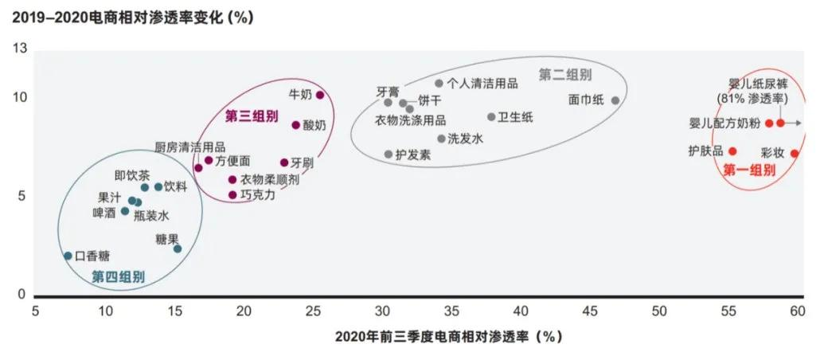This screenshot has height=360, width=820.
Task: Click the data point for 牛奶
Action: click(320, 96)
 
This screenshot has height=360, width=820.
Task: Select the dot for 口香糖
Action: click(68, 256)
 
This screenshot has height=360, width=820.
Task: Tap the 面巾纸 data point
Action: click(615, 100)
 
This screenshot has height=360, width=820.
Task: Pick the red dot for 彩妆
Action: click(795, 153)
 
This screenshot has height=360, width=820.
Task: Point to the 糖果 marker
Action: click(178, 248)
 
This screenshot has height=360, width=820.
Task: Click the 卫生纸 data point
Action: click(491, 117)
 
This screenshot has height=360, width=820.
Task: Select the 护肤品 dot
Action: click(732, 151)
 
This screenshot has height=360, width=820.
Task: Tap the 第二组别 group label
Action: click(565, 75)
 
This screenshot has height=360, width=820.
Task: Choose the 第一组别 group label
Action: click(748, 170)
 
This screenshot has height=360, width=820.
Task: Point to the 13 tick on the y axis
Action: click(20, 49)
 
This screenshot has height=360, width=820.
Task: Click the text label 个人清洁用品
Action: click(482, 83)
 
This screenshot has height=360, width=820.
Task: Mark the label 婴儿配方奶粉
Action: click(724, 123)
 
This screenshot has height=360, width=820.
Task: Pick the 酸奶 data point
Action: click(295, 125)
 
